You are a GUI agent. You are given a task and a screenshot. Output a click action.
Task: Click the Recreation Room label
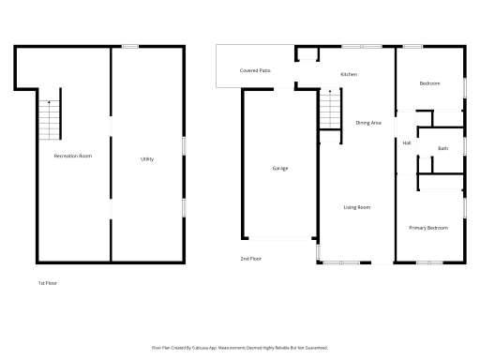click(72, 156)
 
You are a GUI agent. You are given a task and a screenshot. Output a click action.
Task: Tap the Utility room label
click(147, 159)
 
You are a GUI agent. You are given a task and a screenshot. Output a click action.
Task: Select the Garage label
click(280, 168)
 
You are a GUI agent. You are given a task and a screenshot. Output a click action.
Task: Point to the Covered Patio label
click(255, 70)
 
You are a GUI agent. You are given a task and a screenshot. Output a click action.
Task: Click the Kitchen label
click(349, 75)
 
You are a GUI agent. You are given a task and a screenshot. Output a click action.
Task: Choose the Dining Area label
click(368, 123)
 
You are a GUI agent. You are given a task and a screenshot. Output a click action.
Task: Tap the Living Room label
click(356, 207)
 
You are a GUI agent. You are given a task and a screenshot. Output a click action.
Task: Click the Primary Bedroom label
click(428, 228)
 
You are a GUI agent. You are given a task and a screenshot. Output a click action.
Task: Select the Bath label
click(442, 148)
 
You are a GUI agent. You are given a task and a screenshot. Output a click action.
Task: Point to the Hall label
click(407, 142)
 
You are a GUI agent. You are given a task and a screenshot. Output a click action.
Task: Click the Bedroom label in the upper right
click(430, 84)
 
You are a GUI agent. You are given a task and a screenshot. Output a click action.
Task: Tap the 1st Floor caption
click(48, 282)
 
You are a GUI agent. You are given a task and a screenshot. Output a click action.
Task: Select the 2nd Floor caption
click(250, 258)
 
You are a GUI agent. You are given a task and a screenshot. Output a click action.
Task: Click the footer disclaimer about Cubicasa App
click(240, 347)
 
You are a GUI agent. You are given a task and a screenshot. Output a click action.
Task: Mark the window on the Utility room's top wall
click(131, 46)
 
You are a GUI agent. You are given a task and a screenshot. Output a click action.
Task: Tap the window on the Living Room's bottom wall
click(335, 262)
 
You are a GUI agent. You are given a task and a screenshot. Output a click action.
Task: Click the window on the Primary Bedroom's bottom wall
click(428, 262)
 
